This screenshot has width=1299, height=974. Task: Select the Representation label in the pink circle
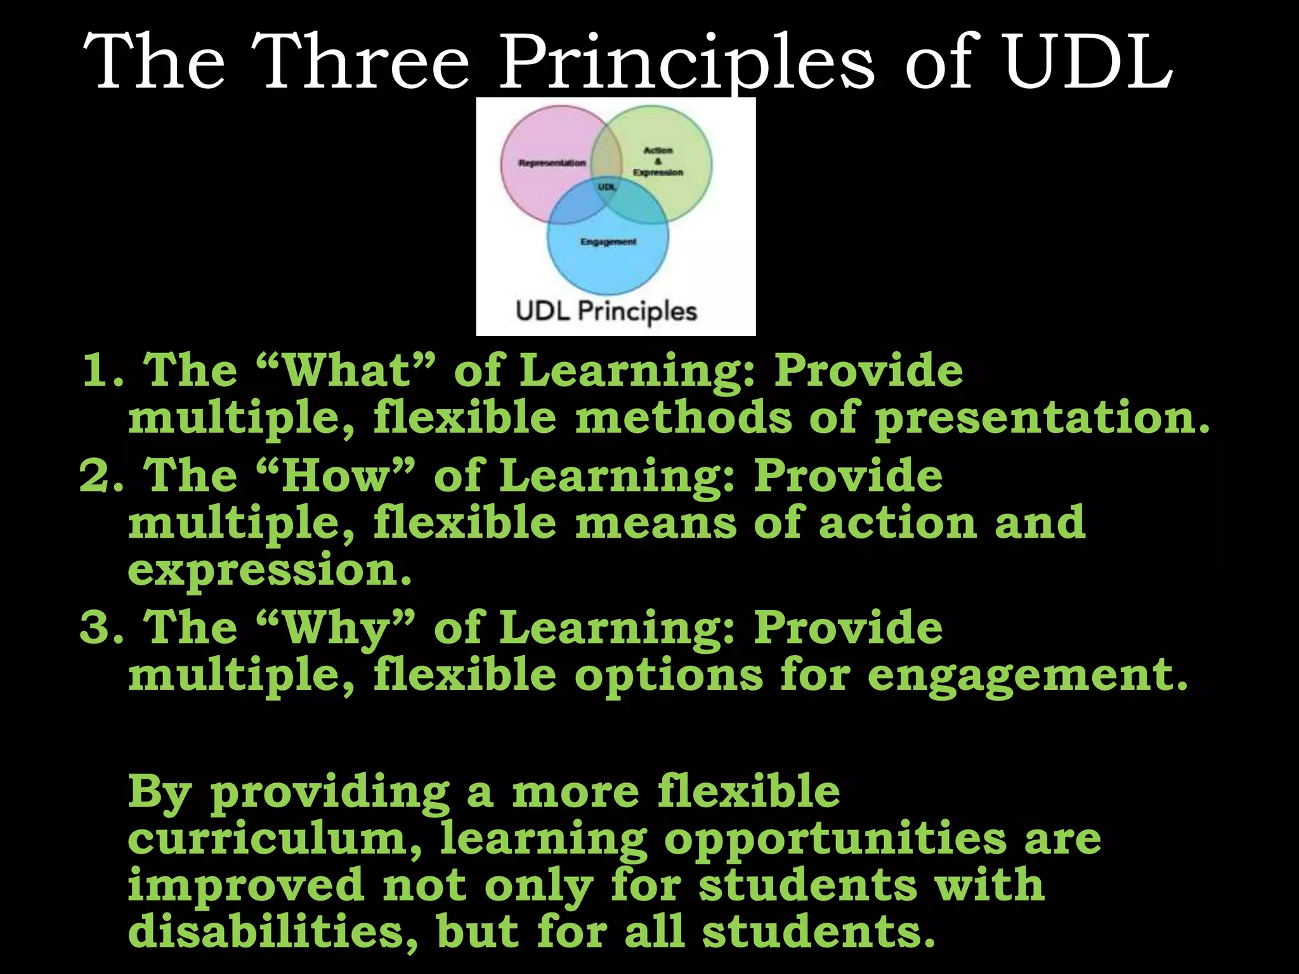552,163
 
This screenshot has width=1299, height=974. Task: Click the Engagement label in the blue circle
608,242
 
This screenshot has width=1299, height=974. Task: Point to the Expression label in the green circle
658,172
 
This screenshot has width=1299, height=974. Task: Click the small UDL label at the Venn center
606,187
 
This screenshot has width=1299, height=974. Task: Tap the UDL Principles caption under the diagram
606,311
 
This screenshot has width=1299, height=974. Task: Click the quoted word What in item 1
347,370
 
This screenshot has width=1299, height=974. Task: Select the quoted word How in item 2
336,476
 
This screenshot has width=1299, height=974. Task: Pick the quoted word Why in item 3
336,628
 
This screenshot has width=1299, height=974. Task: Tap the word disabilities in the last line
273,932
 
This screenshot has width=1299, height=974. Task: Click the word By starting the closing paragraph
160,793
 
